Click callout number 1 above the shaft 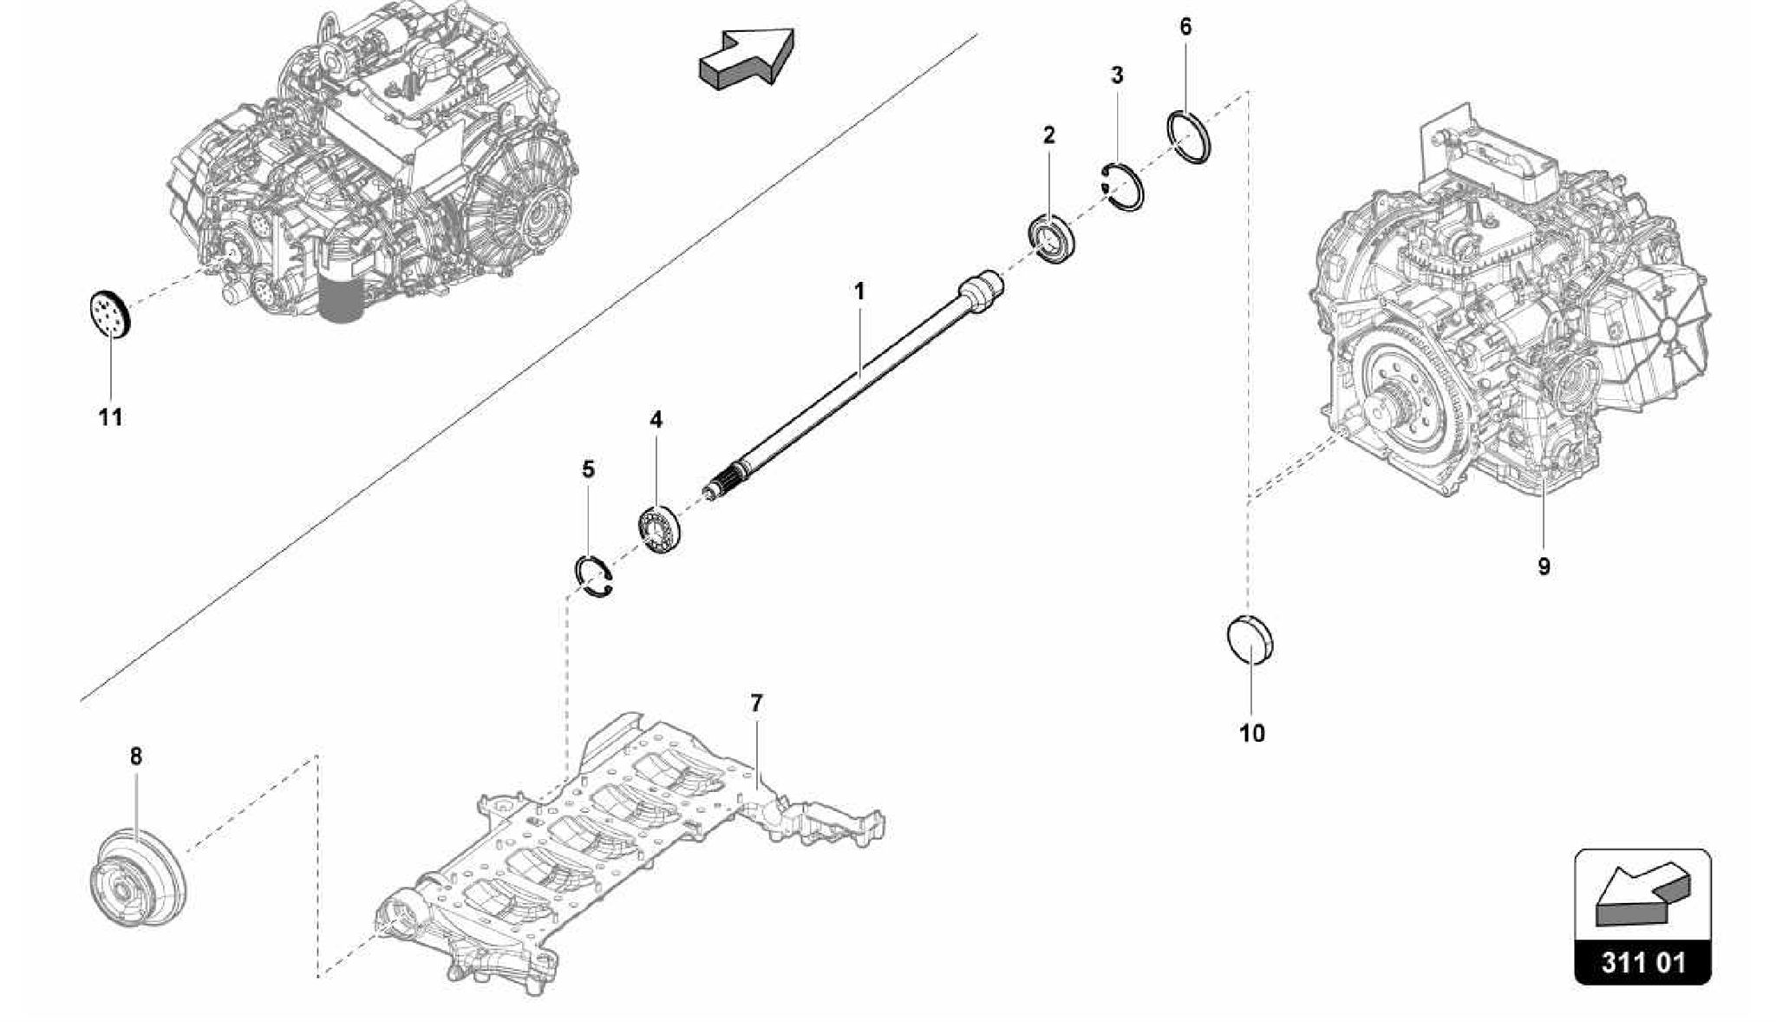click(x=859, y=292)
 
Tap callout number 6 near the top click(x=1185, y=27)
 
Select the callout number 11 click(x=110, y=418)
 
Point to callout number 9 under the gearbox click(x=1544, y=567)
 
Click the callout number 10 click(x=1251, y=733)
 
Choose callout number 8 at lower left click(x=136, y=757)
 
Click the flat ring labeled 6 click(x=1189, y=137)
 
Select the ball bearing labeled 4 click(x=662, y=527)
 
